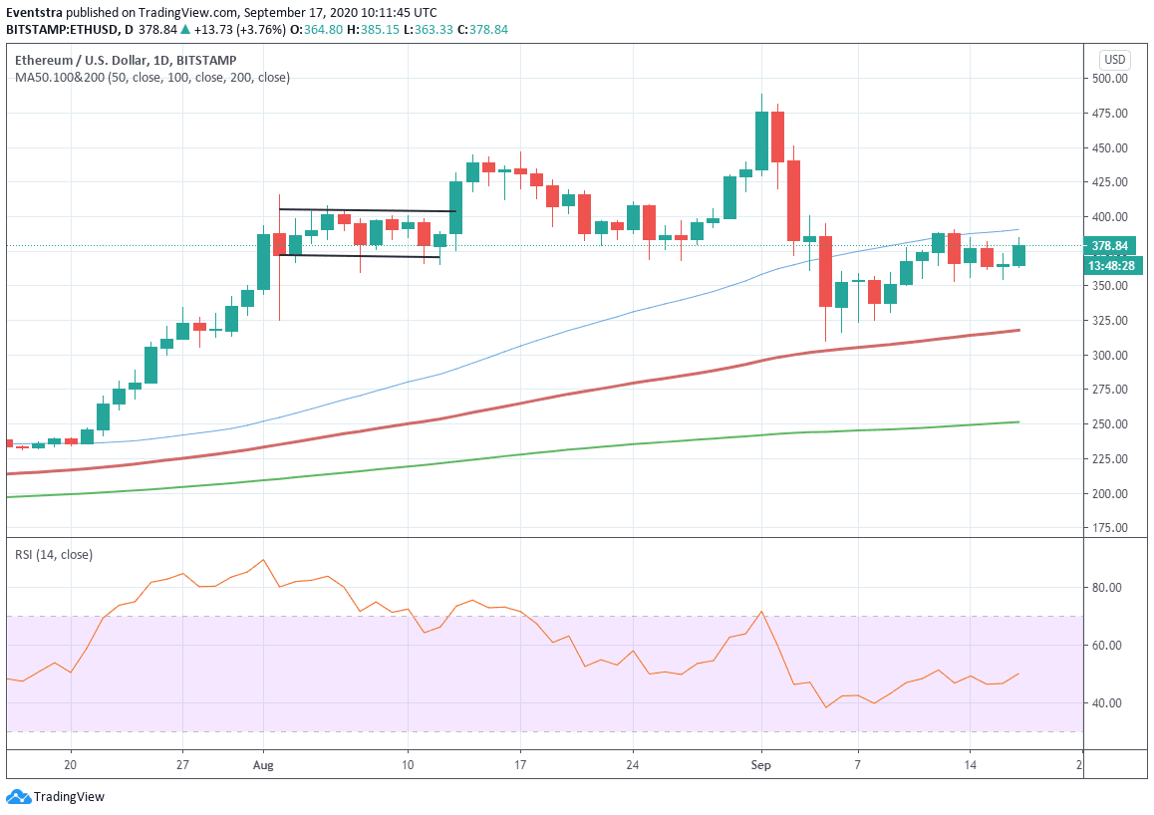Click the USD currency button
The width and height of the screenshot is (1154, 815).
tap(1114, 59)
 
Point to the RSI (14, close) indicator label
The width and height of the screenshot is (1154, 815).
tap(54, 555)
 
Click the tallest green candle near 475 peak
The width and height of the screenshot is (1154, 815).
tap(761, 140)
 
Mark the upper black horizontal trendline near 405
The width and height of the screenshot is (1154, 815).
tap(367, 210)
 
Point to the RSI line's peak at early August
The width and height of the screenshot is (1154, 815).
tap(263, 560)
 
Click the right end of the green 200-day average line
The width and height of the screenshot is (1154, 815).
tap(1017, 422)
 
